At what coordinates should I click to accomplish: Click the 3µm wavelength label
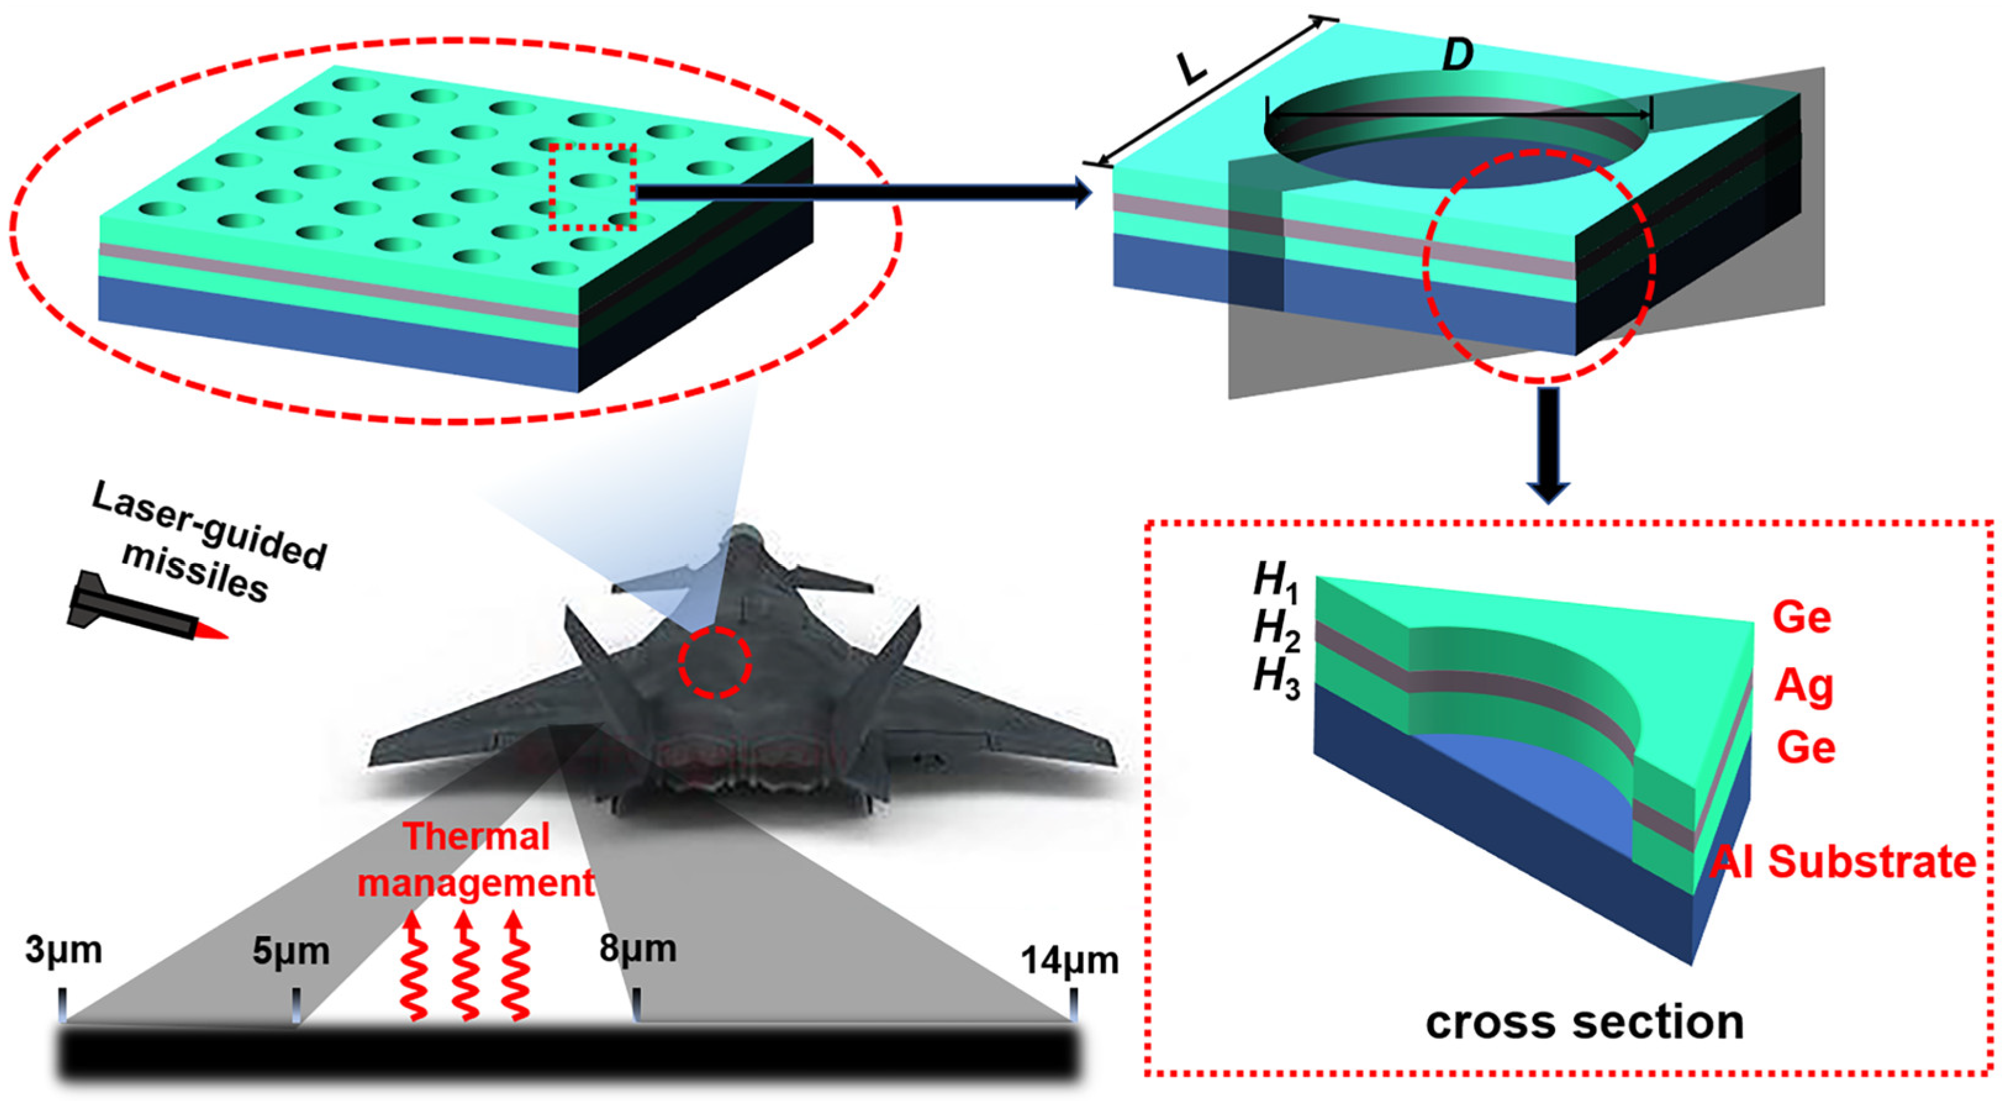[63, 952]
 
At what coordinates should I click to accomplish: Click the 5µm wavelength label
[291, 952]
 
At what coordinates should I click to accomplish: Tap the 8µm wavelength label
[638, 949]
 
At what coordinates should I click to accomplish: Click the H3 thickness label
[1276, 678]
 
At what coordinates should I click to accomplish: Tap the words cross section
[1584, 1022]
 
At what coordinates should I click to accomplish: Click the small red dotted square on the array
[593, 187]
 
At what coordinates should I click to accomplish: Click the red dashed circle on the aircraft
[714, 662]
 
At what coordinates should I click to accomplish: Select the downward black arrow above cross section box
[1548, 444]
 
